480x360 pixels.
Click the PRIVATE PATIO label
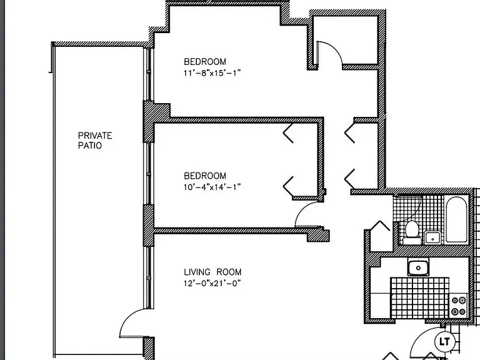point(95,140)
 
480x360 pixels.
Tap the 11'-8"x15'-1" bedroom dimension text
point(212,73)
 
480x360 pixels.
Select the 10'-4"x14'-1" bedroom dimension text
point(212,187)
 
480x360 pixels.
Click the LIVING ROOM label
point(212,272)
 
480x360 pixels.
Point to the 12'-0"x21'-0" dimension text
point(212,283)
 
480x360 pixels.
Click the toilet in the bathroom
point(412,232)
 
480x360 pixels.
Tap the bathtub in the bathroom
point(456,219)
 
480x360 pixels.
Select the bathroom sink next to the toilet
point(432,237)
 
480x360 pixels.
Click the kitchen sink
point(418,267)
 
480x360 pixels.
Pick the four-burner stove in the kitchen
point(459,306)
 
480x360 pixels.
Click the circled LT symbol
point(444,341)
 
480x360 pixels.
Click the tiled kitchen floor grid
point(420,297)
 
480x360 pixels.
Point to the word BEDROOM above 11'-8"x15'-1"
point(205,61)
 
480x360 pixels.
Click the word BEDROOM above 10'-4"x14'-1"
point(205,176)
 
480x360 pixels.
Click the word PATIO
point(90,145)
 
